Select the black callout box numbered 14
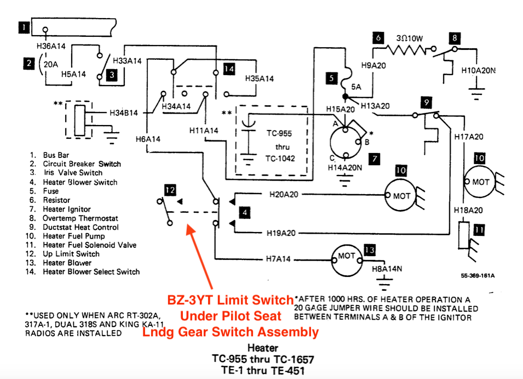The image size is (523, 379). [x=229, y=69]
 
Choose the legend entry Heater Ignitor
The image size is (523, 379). [x=67, y=209]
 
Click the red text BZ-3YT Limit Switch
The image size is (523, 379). [x=231, y=301]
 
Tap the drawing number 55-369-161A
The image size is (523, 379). [x=478, y=276]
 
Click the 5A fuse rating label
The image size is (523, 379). [x=358, y=87]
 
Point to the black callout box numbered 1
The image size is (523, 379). [x=24, y=25]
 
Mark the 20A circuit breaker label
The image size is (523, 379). [x=49, y=64]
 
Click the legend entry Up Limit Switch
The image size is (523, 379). [x=71, y=254]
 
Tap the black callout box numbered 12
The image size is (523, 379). [x=170, y=190]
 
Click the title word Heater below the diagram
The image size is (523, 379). [x=262, y=348]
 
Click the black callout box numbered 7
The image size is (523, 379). [x=374, y=159]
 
